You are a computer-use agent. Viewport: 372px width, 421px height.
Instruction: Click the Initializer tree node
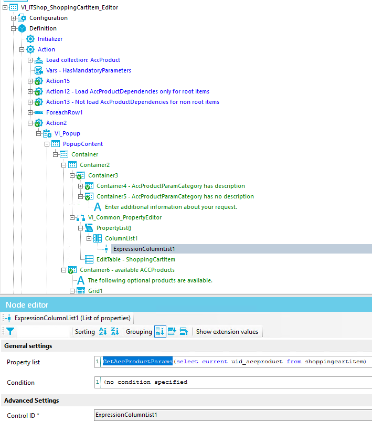click(x=50, y=39)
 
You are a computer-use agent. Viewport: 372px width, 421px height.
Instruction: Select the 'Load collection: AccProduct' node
click(x=83, y=60)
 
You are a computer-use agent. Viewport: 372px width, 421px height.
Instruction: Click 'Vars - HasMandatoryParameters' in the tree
click(x=88, y=70)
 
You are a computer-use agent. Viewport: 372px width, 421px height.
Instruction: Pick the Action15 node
click(x=58, y=81)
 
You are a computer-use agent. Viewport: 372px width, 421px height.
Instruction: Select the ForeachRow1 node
click(x=64, y=112)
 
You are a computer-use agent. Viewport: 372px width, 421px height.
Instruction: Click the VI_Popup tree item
click(x=67, y=133)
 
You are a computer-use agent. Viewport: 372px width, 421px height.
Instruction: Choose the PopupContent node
click(x=83, y=144)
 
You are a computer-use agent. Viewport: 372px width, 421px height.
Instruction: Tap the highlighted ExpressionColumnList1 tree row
click(x=144, y=249)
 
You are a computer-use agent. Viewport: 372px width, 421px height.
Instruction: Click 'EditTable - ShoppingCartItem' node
click(x=135, y=259)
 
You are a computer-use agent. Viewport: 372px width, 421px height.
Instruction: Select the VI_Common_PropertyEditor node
click(x=124, y=217)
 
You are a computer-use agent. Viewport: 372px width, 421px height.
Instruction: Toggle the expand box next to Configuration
click(x=14, y=18)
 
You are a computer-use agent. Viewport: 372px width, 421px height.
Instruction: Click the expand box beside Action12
click(x=30, y=91)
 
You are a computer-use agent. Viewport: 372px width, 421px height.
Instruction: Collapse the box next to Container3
click(x=72, y=175)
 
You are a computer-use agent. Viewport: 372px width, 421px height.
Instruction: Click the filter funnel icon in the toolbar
click(x=10, y=331)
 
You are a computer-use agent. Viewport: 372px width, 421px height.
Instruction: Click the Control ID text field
click(x=231, y=415)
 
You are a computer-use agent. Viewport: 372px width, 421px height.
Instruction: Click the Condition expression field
click(x=231, y=382)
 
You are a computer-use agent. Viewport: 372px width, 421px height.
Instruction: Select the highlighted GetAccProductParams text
click(x=137, y=362)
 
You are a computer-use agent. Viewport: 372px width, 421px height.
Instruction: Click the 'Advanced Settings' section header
click(x=31, y=401)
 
